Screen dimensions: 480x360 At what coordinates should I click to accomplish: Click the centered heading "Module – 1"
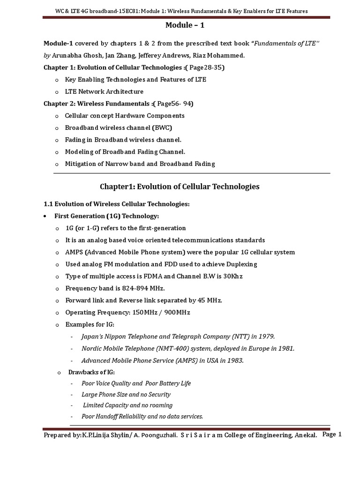pos(180,25)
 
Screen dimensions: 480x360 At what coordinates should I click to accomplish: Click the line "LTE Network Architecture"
pos(104,91)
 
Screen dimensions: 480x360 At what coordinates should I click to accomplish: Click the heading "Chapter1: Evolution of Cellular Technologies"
pos(180,187)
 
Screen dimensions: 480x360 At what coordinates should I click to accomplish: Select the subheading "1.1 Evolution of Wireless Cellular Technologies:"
pos(117,204)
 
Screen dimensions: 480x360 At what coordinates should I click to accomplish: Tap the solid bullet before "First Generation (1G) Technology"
pos(44,216)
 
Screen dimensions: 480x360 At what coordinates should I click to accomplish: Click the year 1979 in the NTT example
pos(267,337)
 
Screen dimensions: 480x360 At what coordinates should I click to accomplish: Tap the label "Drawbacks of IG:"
pos(90,372)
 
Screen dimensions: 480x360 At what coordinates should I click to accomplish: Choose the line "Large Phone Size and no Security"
pos(126,395)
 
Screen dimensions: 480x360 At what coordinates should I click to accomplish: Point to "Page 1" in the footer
pos(332,435)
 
